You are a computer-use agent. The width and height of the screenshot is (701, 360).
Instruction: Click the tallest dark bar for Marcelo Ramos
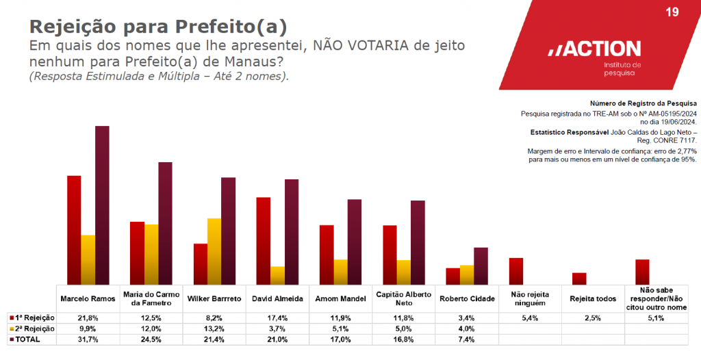102,205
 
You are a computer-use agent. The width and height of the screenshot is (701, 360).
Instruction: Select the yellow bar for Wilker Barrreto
214,251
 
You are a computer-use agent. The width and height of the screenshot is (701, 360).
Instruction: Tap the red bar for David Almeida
264,240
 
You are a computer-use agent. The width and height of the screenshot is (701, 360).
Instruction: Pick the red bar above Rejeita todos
579,279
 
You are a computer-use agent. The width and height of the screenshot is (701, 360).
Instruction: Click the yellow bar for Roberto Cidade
467,274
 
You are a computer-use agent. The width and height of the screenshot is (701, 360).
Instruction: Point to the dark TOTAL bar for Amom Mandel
355,242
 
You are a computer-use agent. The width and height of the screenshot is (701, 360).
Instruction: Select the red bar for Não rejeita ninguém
516,271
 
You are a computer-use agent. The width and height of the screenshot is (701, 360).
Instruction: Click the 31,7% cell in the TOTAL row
88,339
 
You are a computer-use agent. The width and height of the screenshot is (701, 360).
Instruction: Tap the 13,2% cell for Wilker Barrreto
214,329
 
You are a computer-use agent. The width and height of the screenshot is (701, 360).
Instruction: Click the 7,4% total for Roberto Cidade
468,339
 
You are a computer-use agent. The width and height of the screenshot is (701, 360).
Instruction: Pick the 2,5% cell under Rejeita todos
594,318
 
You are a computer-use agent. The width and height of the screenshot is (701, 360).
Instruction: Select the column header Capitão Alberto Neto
405,298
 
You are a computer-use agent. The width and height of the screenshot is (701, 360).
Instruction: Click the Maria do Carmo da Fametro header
151,298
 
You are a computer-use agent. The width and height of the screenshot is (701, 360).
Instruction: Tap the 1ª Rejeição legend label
34,318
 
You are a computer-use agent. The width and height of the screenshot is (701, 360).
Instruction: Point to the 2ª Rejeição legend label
34,329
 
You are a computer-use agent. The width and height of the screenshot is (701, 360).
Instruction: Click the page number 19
672,12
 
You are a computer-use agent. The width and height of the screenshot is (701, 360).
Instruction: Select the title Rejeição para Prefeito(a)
157,27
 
